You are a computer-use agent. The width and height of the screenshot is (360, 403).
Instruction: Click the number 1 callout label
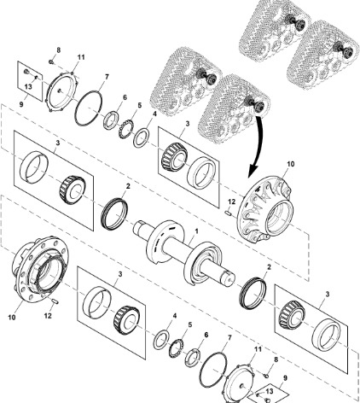coord(196,231)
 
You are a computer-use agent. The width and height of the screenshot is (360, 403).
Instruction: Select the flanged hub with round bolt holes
coord(40,270)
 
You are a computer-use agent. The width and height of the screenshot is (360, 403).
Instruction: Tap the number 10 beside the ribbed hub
coord(291,164)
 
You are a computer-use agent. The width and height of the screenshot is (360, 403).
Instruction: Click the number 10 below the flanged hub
coord(12,317)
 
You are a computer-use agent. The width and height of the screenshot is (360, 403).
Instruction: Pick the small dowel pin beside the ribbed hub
coord(228,213)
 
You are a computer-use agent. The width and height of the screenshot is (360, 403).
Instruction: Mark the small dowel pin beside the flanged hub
coord(55,301)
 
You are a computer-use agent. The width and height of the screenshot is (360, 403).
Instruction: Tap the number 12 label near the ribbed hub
coord(232,201)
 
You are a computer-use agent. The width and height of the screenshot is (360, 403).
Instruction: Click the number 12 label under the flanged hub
coord(48,316)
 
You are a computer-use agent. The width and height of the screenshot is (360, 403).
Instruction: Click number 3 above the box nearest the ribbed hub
coord(188,124)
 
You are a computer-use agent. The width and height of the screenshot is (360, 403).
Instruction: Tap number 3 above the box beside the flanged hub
coord(120,274)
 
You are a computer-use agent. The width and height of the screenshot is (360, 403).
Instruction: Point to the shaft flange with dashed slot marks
coord(165,241)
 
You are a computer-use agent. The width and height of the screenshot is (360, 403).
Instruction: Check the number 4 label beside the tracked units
coord(154,114)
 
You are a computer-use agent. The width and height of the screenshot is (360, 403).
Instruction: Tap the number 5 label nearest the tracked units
coord(139,106)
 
